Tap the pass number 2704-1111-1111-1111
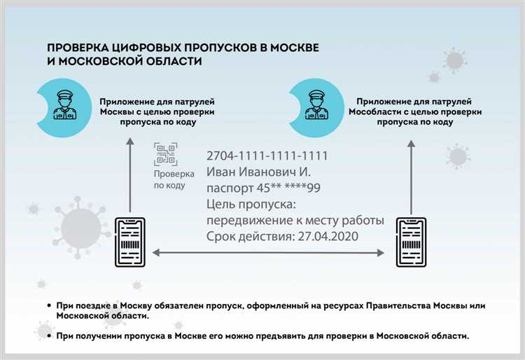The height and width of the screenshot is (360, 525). tap(267, 155)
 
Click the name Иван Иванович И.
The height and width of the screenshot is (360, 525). tap(258, 172)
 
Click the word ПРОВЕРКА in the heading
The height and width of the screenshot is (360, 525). tap(76, 48)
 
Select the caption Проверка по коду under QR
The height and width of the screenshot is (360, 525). tap(169, 179)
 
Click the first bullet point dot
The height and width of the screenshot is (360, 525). tap(48, 306)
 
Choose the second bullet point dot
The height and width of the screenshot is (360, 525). tap(48, 336)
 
